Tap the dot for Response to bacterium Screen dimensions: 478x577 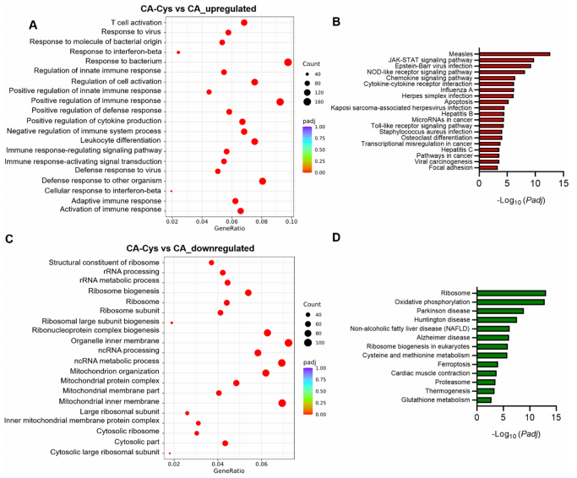click(288, 62)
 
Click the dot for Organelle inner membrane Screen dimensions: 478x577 click(289, 342)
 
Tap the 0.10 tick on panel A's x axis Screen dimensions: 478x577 click(291, 221)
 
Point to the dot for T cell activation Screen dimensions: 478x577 click(244, 23)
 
